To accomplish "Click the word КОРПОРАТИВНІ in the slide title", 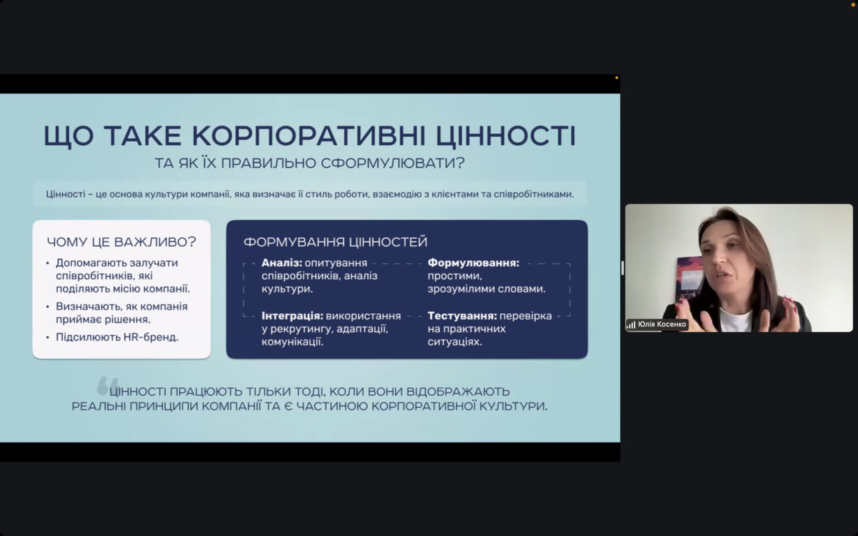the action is coord(309,135).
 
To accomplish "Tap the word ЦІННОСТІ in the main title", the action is coord(505,135).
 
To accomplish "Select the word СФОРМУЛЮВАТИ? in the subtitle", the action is coord(393,163).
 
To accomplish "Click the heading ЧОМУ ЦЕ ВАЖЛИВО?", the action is coord(121,242).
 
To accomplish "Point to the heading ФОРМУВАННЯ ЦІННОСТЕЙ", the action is coord(336,242).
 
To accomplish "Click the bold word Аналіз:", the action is coord(282,263).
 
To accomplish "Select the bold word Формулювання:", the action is coord(473,263).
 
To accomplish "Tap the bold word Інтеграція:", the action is coord(293,316).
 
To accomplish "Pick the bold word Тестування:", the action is coord(462,316).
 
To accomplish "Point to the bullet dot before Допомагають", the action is coord(48,263).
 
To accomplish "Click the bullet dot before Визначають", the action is coord(48,307).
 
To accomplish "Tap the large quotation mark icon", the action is coord(108,385).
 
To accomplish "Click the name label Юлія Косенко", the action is coord(662,325).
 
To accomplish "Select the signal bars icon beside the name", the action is coord(631,325).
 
